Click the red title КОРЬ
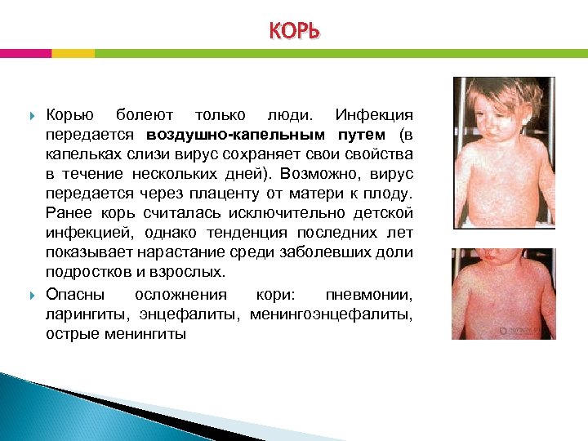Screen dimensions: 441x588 [294, 30]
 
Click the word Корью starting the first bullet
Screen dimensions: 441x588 [70, 114]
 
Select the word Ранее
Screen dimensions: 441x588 [66, 212]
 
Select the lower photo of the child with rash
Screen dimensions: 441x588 [503, 293]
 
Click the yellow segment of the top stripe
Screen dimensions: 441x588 [73, 53]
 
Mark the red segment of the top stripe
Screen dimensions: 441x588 [25, 53]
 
